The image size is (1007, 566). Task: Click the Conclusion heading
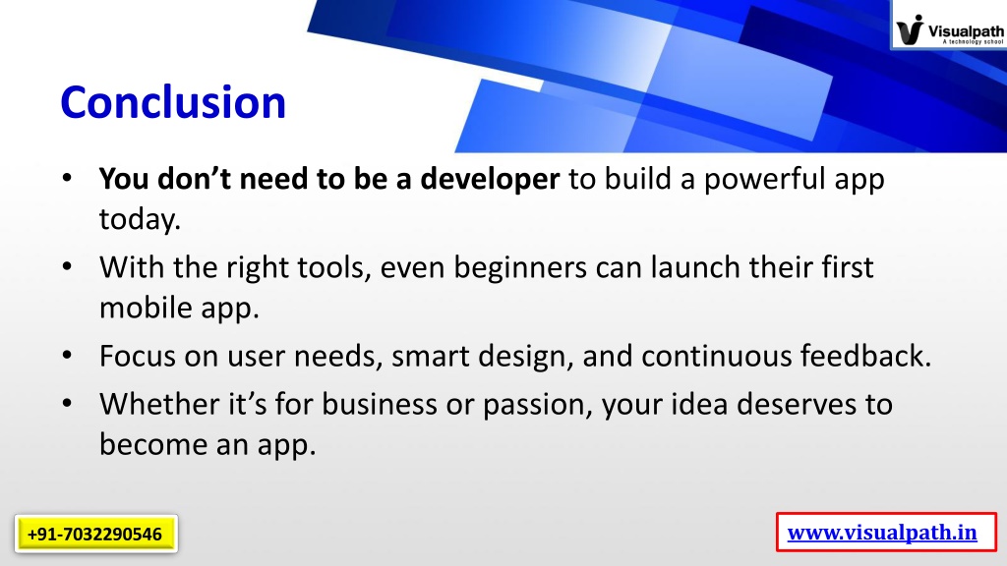pyautogui.click(x=173, y=102)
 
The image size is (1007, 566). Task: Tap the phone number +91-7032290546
pyautogui.click(x=95, y=534)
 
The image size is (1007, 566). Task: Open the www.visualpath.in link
pyautogui.click(x=882, y=533)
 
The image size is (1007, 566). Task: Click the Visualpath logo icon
pyautogui.click(x=910, y=29)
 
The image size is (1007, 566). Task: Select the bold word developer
pyautogui.click(x=490, y=179)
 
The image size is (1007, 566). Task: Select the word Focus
pyautogui.click(x=137, y=356)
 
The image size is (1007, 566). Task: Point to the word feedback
pyautogui.click(x=861, y=355)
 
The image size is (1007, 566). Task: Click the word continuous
pyautogui.click(x=716, y=356)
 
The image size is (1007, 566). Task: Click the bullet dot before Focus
pyautogui.click(x=67, y=355)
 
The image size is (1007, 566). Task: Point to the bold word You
pyautogui.click(x=124, y=179)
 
